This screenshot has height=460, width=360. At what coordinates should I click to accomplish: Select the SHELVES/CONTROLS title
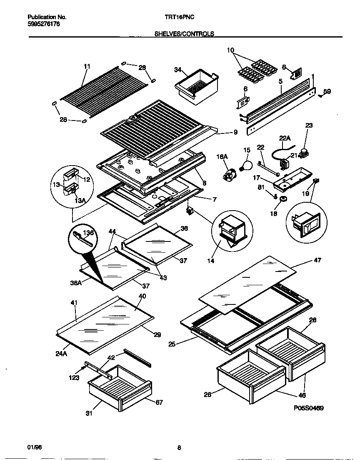[184, 34]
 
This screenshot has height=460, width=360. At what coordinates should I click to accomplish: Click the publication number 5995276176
[44, 24]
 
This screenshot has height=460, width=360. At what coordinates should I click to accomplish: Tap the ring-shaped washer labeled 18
[284, 199]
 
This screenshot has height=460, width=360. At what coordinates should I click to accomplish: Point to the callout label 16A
[222, 156]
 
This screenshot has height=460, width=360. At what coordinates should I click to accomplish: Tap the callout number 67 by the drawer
[159, 402]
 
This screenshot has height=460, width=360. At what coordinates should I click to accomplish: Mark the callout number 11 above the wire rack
[87, 66]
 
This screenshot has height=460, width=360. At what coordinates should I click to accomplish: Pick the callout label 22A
[283, 138]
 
